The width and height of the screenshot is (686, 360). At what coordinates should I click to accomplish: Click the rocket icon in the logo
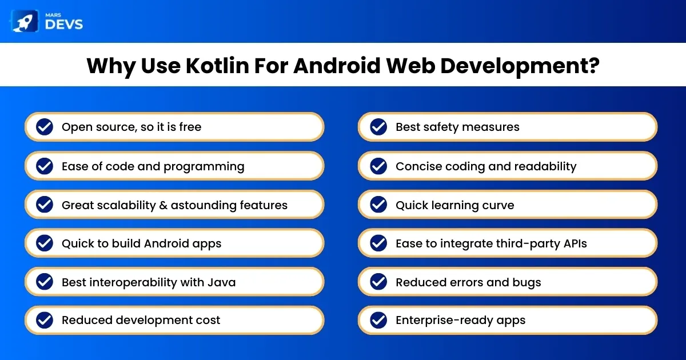25,21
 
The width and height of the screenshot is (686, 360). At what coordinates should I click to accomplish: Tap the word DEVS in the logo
64,25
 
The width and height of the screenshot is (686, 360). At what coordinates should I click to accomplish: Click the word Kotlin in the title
217,66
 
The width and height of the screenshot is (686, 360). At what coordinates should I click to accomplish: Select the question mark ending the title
593,65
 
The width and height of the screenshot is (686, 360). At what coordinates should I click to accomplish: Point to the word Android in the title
337,66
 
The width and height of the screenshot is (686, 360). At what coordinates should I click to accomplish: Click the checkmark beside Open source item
45,127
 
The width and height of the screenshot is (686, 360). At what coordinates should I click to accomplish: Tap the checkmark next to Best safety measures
378,127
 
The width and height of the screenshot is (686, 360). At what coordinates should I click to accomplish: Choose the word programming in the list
204,167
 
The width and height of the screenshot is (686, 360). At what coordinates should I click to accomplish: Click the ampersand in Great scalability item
163,205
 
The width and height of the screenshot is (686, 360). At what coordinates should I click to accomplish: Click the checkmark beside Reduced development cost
45,320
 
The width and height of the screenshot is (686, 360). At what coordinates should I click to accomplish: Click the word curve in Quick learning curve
498,205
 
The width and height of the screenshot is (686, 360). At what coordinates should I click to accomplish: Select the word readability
545,167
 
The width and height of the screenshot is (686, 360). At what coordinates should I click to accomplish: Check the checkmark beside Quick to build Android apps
45,243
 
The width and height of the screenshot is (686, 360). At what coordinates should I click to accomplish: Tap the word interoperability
133,282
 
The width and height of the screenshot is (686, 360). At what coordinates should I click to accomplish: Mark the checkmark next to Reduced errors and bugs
378,282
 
